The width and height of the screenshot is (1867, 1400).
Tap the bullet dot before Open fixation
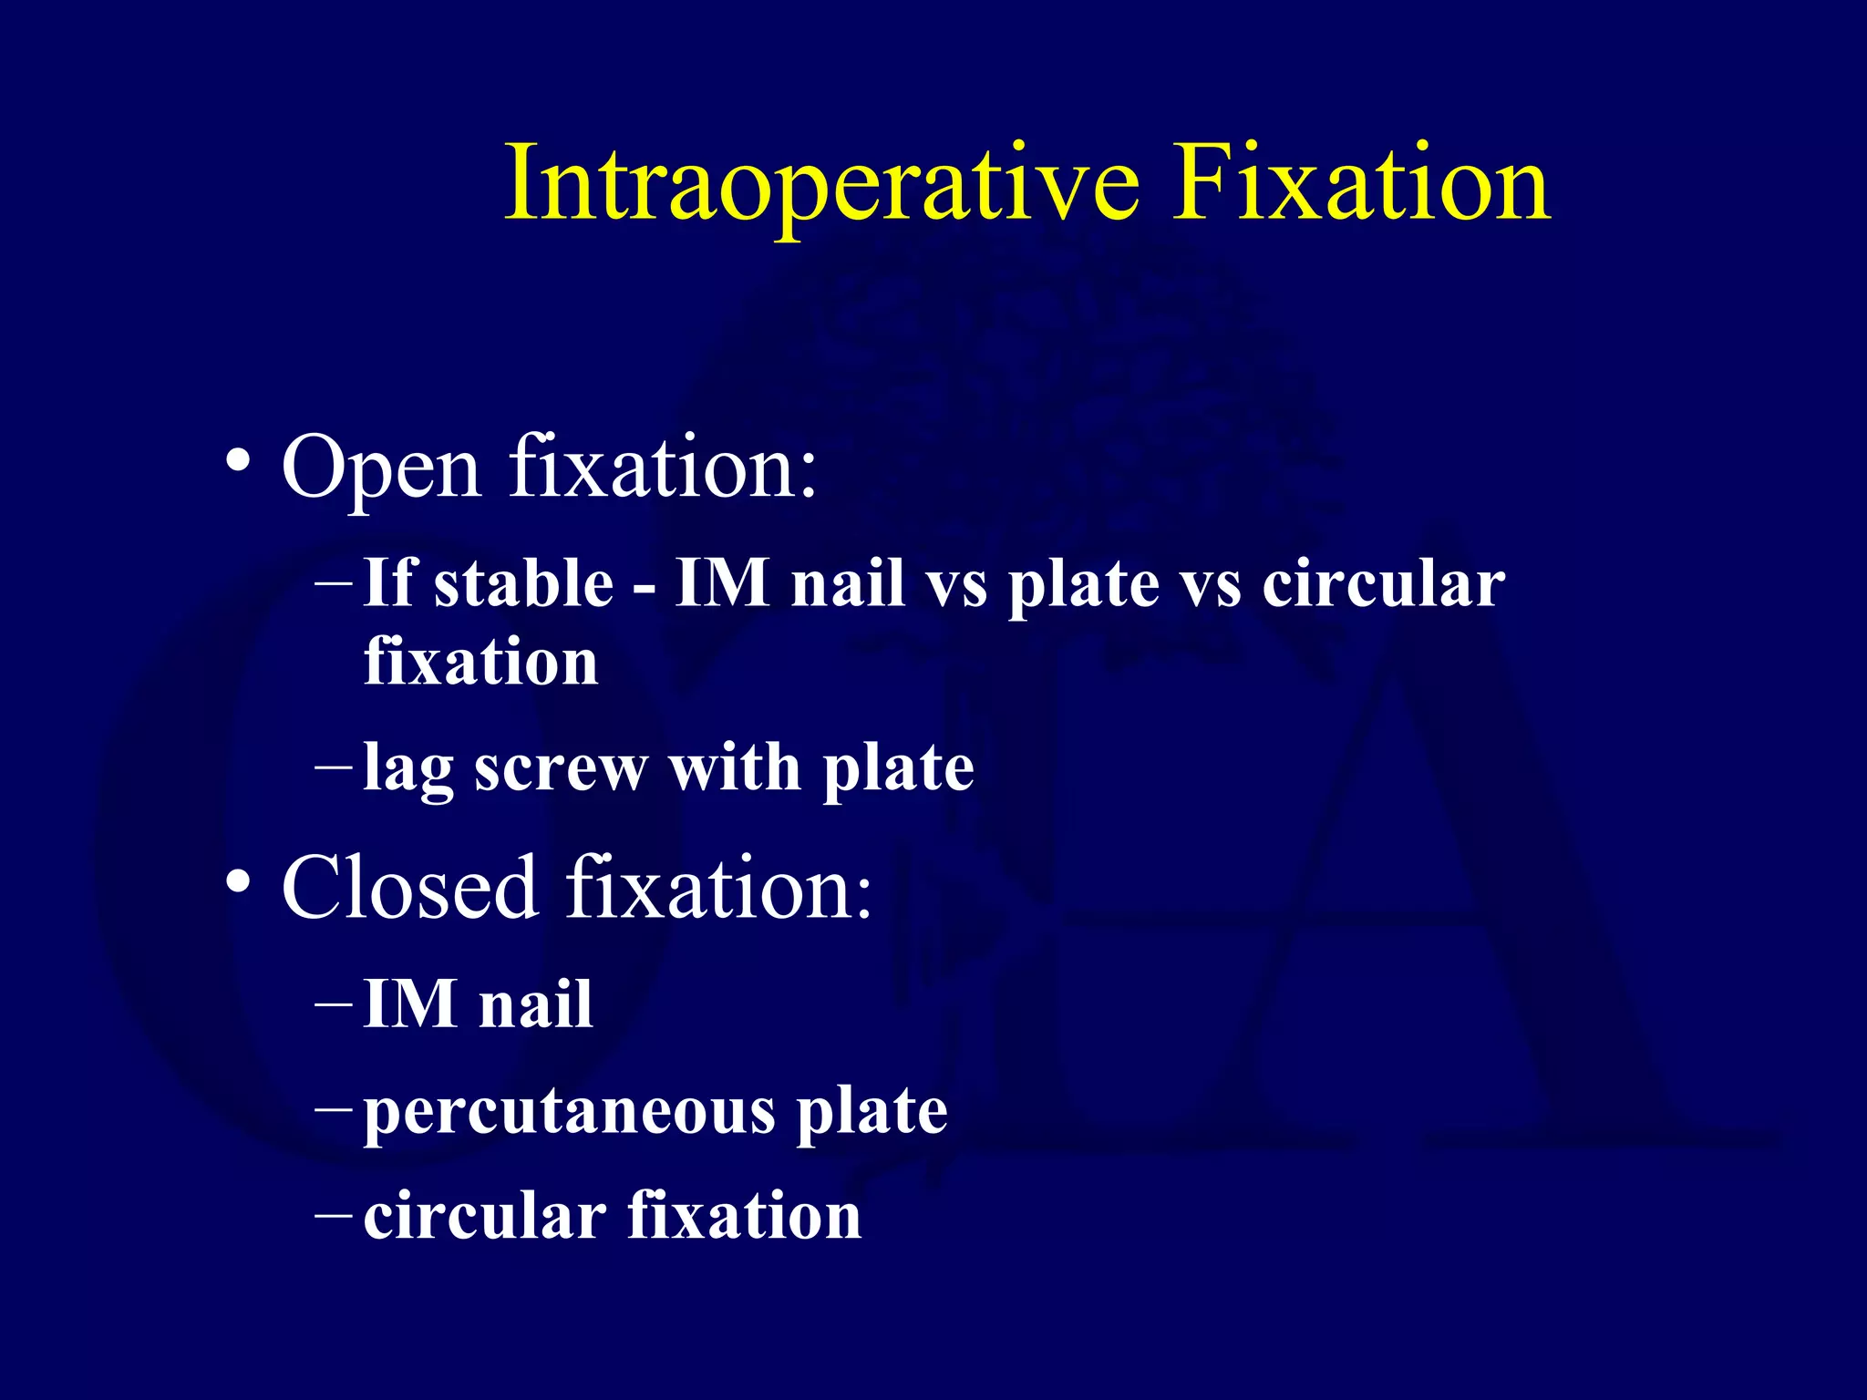pos(238,462)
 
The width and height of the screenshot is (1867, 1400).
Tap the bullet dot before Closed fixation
pos(238,882)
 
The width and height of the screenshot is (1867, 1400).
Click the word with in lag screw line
pos(735,767)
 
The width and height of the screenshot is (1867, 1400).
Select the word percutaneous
pos(570,1114)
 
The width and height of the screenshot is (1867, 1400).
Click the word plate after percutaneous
pos(872,1114)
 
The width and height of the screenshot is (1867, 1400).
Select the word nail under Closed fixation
pos(536,1005)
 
